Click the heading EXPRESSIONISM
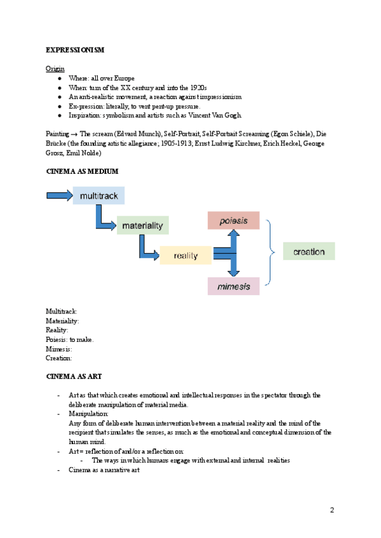click(75, 49)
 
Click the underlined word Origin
click(55, 68)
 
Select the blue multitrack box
click(99, 196)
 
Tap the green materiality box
click(142, 225)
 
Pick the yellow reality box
click(185, 255)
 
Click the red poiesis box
click(233, 220)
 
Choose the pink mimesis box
click(233, 286)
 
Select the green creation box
click(309, 251)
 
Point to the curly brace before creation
click(271, 252)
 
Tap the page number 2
click(331, 510)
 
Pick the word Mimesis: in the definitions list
click(58, 348)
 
